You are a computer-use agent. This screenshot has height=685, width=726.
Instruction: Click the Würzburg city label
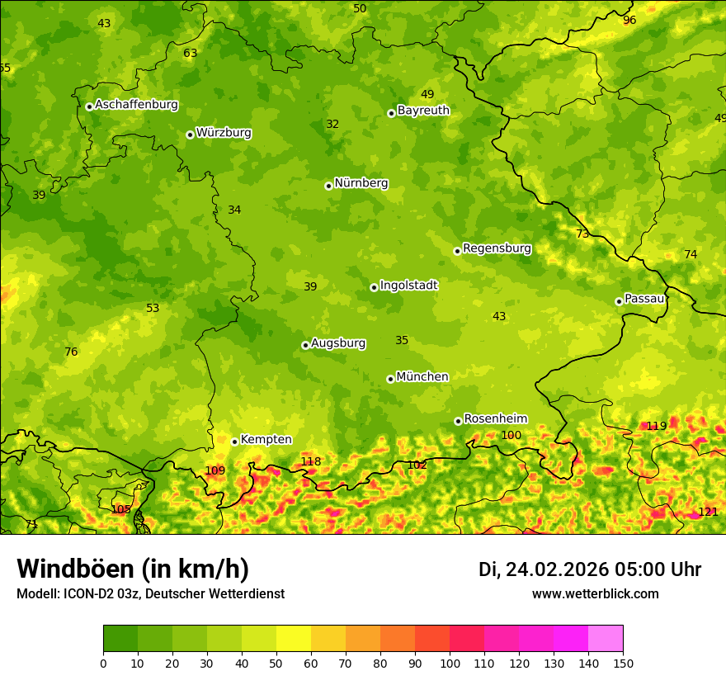224,133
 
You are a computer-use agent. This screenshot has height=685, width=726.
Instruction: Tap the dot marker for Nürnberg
328,186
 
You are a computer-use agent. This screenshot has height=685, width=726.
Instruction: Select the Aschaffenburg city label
136,105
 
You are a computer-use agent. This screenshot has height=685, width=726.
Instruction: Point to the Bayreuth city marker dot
391,113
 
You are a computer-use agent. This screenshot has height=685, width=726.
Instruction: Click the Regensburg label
497,248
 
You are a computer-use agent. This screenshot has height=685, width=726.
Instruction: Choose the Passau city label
644,299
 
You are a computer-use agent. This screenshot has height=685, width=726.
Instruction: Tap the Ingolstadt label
408,286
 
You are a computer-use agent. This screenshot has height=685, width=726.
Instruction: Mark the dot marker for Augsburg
305,345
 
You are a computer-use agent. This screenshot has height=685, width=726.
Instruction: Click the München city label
422,377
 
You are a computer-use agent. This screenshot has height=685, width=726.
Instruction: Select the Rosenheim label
495,419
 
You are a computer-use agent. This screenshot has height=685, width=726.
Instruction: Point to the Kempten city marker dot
234,442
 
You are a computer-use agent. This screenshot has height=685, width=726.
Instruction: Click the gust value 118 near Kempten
310,462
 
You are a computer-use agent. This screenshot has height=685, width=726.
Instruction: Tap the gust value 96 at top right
629,20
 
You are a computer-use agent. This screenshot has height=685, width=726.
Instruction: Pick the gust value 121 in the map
708,513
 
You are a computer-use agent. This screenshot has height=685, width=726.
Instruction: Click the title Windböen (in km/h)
133,569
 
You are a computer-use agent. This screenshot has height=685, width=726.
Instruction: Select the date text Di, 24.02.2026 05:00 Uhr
590,569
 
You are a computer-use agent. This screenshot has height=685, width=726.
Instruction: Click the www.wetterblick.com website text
595,594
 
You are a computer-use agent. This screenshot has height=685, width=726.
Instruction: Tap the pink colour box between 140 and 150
606,639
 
